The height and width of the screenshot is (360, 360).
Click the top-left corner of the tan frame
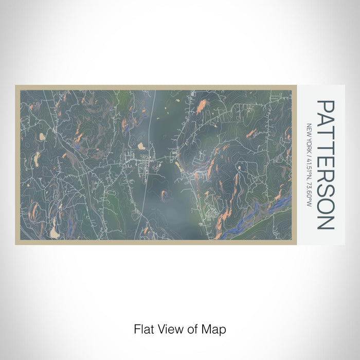tap(16, 86)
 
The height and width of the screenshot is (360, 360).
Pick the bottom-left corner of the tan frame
tap(16, 243)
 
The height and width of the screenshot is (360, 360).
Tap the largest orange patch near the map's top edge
tap(201, 106)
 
